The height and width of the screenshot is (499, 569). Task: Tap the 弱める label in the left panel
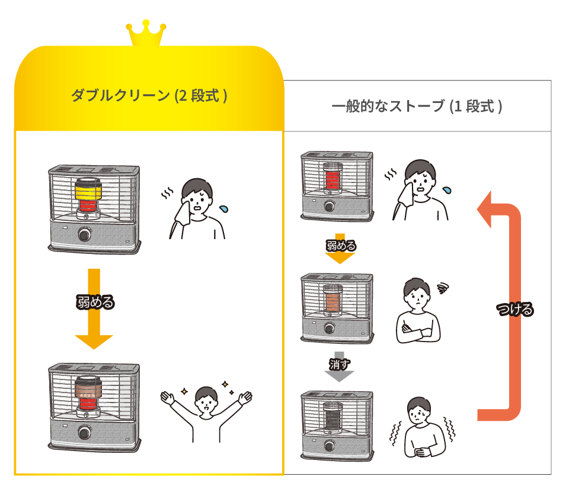[x=95, y=302]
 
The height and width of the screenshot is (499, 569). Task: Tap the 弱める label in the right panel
[x=341, y=245]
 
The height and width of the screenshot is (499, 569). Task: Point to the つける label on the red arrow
[x=514, y=309]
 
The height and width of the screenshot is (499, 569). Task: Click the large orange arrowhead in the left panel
[x=94, y=342]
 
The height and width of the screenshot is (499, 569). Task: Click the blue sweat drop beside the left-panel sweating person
[x=224, y=208]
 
